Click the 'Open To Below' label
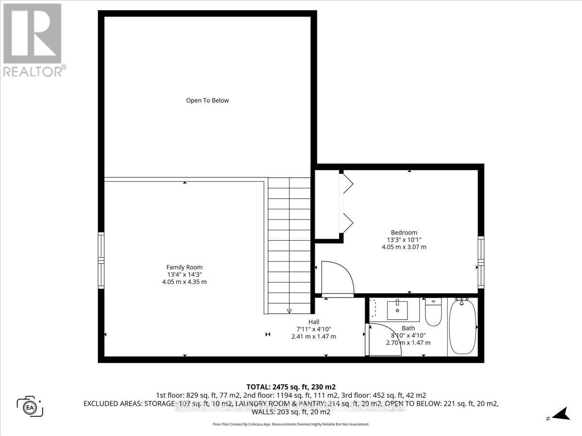pyautogui.click(x=207, y=101)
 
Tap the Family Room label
pyautogui.click(x=184, y=267)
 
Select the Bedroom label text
pyautogui.click(x=404, y=232)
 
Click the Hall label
pyautogui.click(x=314, y=322)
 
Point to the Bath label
pyautogui.click(x=408, y=328)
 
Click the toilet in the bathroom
pyautogui.click(x=433, y=312)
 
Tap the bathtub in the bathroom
pyautogui.click(x=463, y=327)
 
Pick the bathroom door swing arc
pyautogui.click(x=379, y=339)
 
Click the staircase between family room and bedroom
pyautogui.click(x=290, y=245)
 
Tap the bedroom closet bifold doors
pyautogui.click(x=347, y=203)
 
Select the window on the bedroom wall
pyautogui.click(x=481, y=262)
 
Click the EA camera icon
pyautogui.click(x=30, y=405)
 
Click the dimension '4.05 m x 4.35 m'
pyautogui.click(x=184, y=282)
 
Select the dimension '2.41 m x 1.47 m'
pyautogui.click(x=314, y=336)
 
